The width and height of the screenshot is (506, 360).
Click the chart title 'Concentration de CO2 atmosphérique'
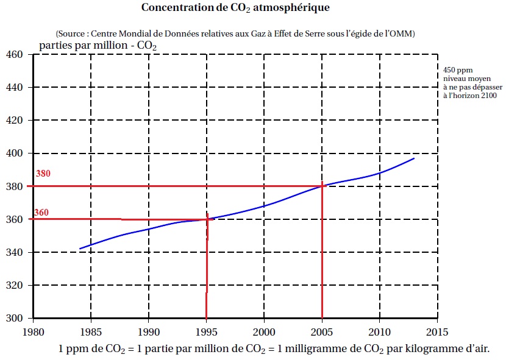[x=235, y=8]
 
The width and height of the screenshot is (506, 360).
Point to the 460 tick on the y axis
[x=14, y=55]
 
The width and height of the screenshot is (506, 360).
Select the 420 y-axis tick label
[x=14, y=121]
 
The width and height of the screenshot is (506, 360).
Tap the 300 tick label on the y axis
[x=14, y=318]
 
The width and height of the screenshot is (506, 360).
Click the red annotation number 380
[x=43, y=174]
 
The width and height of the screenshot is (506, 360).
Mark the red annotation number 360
[x=41, y=213]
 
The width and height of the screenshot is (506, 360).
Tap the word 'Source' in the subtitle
[x=72, y=32]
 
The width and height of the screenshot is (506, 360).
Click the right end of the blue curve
[x=415, y=158]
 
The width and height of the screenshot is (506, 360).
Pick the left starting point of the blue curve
[x=79, y=249]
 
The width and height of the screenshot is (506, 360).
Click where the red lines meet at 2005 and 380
[x=322, y=185]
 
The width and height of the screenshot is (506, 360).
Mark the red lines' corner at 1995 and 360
[x=207, y=219]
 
